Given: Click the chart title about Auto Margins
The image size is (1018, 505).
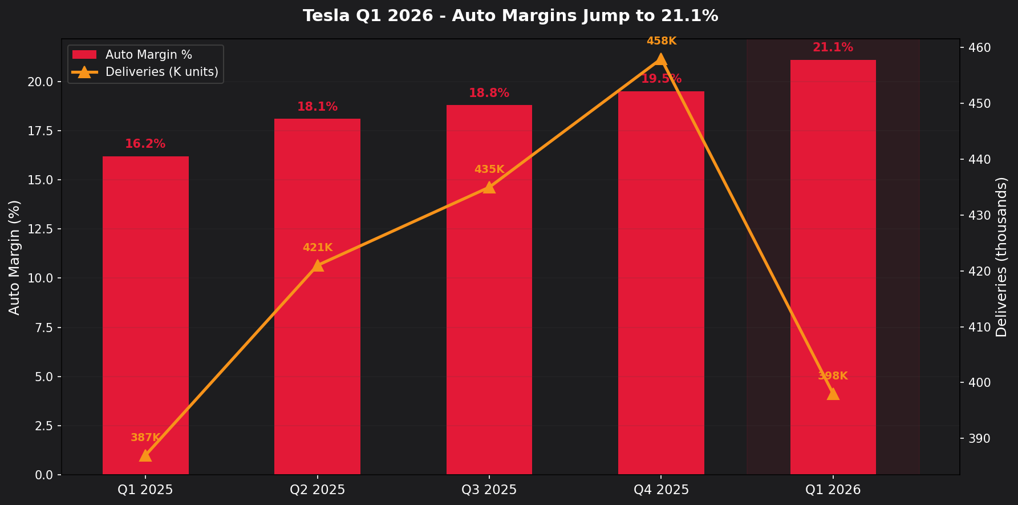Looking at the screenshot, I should pyautogui.click(x=510, y=15).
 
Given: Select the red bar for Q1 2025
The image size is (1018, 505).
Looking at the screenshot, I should pyautogui.click(x=145, y=314).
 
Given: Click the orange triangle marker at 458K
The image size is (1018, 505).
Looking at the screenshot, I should pyautogui.click(x=661, y=59).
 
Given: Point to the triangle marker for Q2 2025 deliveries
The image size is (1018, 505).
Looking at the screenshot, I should pyautogui.click(x=318, y=265).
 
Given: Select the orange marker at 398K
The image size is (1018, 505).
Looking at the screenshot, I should pyautogui.click(x=833, y=394).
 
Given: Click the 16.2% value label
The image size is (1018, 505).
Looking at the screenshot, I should pyautogui.click(x=145, y=144).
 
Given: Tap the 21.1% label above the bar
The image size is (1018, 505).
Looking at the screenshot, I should pyautogui.click(x=833, y=47).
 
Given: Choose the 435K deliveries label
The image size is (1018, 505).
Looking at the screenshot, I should pyautogui.click(x=489, y=169).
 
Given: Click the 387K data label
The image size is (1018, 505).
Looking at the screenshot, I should pyautogui.click(x=145, y=438).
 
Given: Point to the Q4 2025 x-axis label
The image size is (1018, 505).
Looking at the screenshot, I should pyautogui.click(x=661, y=490).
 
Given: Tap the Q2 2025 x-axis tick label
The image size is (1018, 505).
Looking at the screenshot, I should pyautogui.click(x=318, y=490).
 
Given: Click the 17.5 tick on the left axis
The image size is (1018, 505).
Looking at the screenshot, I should pyautogui.click(x=42, y=131).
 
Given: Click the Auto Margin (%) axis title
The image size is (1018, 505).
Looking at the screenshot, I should pyautogui.click(x=15, y=257).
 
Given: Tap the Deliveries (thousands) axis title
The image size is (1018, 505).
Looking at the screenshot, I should pyautogui.click(x=1001, y=257).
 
